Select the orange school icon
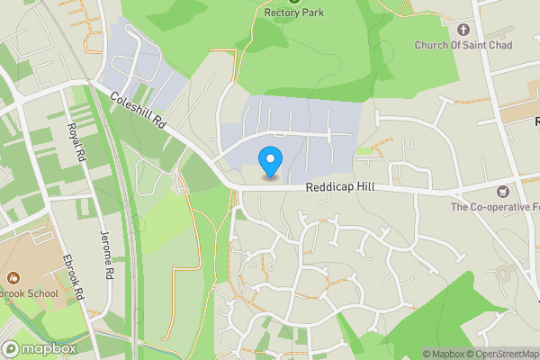pos(13,279)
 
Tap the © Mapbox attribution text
pos(444,354)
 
